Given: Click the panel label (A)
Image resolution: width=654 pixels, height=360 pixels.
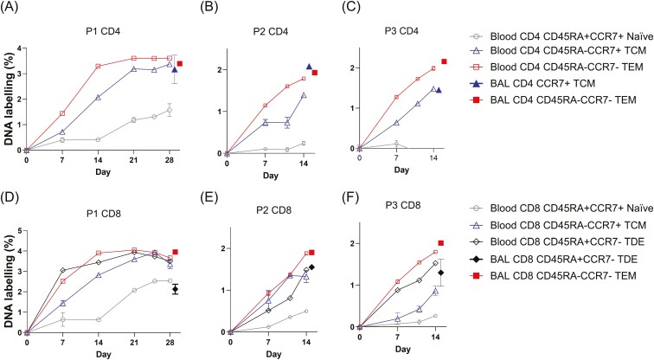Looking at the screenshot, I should click(15, 9).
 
